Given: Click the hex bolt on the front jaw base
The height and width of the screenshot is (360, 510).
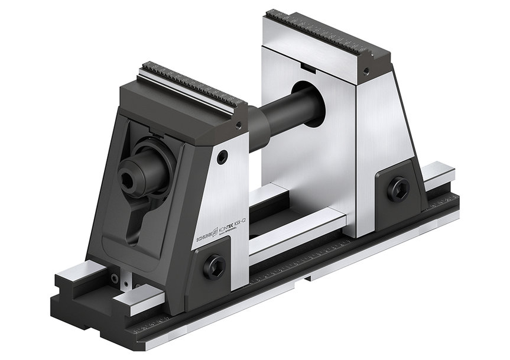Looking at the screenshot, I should pos(214,265).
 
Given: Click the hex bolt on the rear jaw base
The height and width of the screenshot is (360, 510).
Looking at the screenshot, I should pos(397,187).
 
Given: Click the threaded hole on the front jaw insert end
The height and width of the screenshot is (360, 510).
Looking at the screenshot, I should pos(238,124).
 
